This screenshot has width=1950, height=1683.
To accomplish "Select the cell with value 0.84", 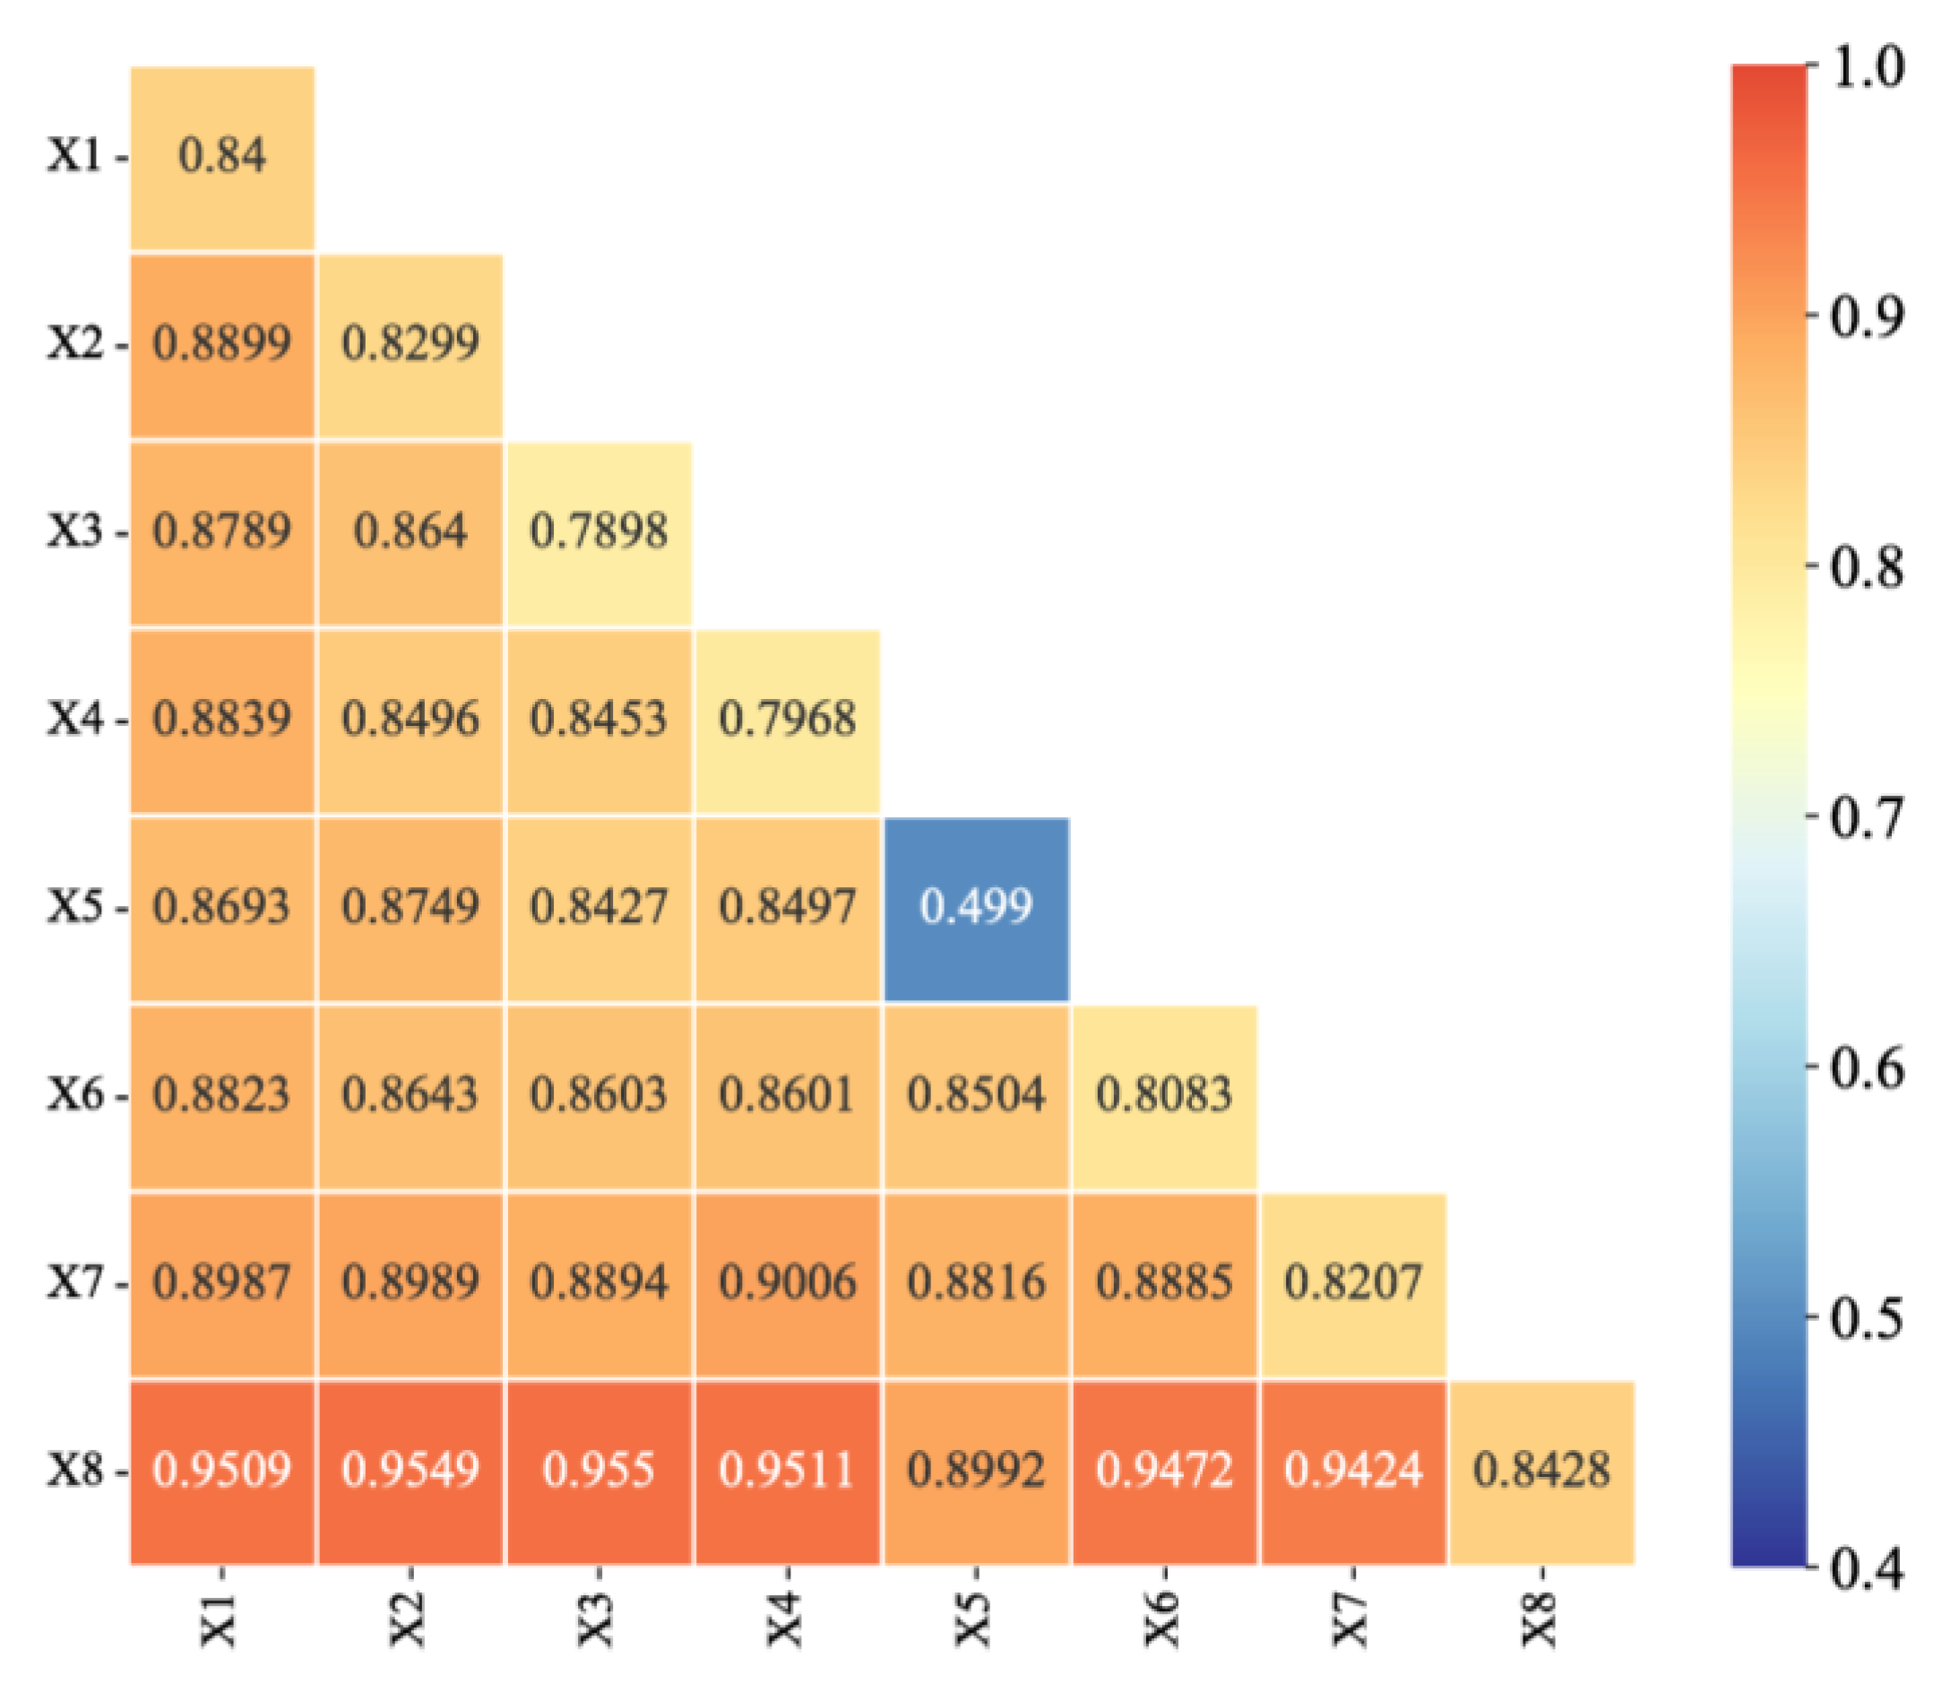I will pyautogui.click(x=222, y=156).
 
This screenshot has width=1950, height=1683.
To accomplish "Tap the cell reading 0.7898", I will pyautogui.click(x=599, y=531).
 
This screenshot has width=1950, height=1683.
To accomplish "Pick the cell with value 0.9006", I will pyautogui.click(x=788, y=1283).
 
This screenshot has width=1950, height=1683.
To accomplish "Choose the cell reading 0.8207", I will pyautogui.click(x=1353, y=1283).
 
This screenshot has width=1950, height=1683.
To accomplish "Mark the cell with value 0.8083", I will pyautogui.click(x=1164, y=1096).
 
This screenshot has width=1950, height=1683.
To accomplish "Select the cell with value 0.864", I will pyautogui.click(x=410, y=531).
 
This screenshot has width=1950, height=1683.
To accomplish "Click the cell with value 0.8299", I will pyautogui.click(x=410, y=343).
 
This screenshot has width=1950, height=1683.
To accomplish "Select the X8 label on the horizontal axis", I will pyautogui.click(x=1540, y=1617).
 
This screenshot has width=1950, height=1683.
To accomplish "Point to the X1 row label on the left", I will pyautogui.click(x=75, y=156).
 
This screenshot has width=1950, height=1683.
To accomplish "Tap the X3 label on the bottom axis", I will pyautogui.click(x=598, y=1617).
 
